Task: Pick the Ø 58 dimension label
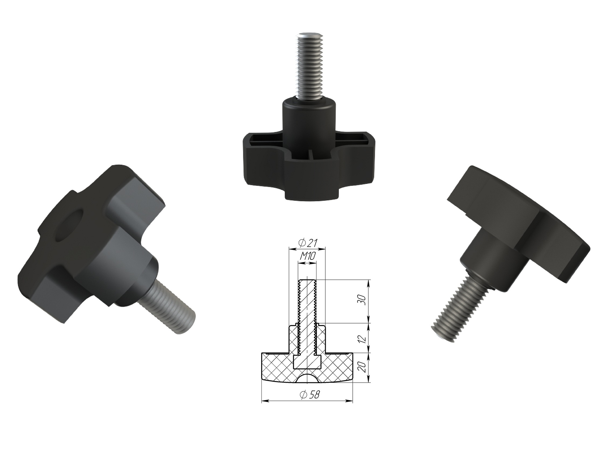pyautogui.click(x=310, y=395)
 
